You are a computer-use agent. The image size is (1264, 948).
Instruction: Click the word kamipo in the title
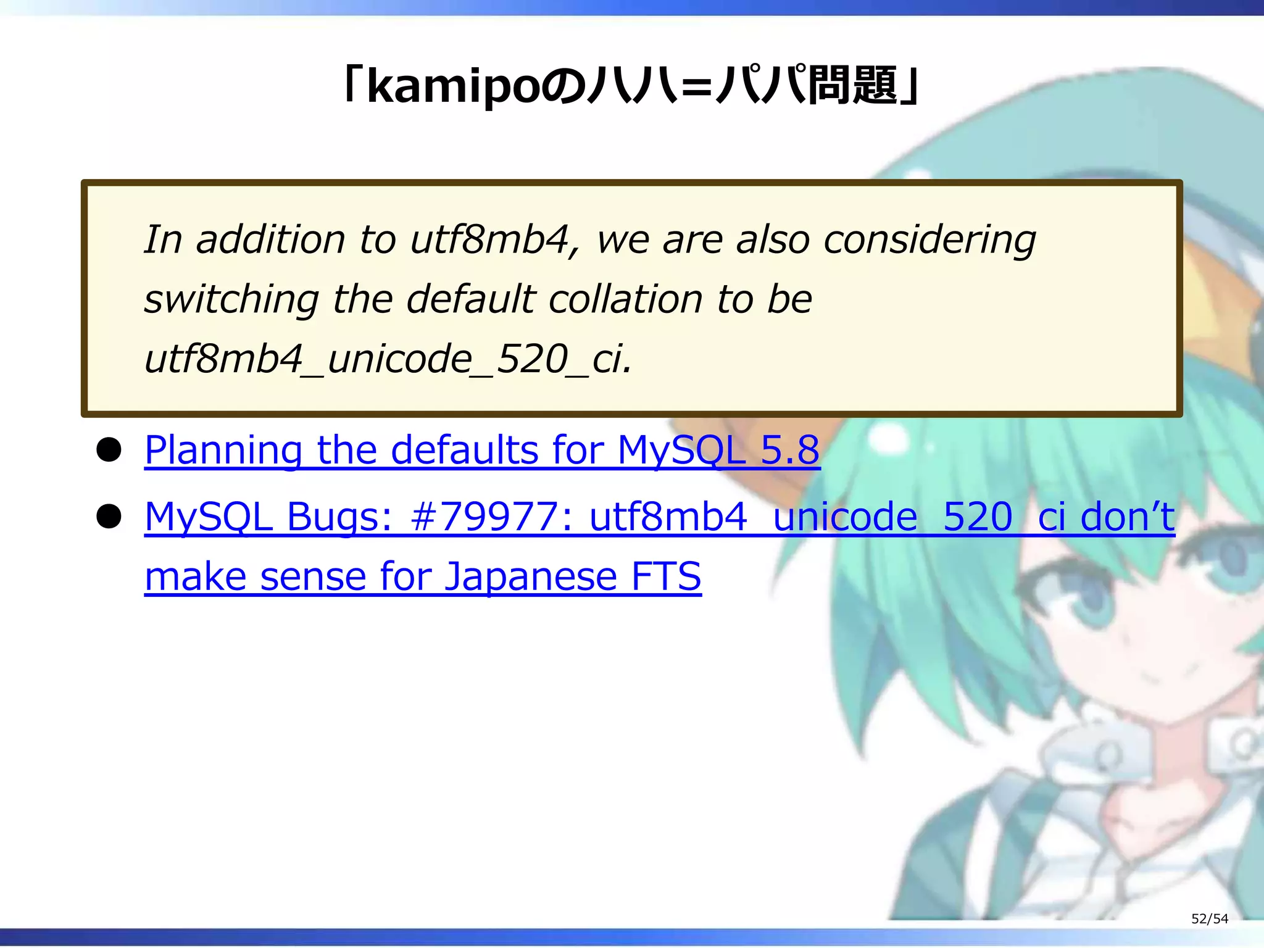[x=454, y=87]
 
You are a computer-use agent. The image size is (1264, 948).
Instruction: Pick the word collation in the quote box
[x=625, y=299]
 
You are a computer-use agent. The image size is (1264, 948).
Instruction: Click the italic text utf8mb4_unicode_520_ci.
[x=388, y=359]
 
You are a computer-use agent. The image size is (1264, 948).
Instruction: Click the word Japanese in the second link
[x=530, y=576]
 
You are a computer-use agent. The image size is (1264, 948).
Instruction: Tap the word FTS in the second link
[x=666, y=576]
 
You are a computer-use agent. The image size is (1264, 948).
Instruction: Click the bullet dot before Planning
[x=109, y=450]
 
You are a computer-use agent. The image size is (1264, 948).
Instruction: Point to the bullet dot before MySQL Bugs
[x=109, y=517]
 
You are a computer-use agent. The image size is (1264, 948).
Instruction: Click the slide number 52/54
[x=1209, y=918]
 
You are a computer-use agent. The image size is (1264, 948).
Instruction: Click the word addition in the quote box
[x=270, y=239]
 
